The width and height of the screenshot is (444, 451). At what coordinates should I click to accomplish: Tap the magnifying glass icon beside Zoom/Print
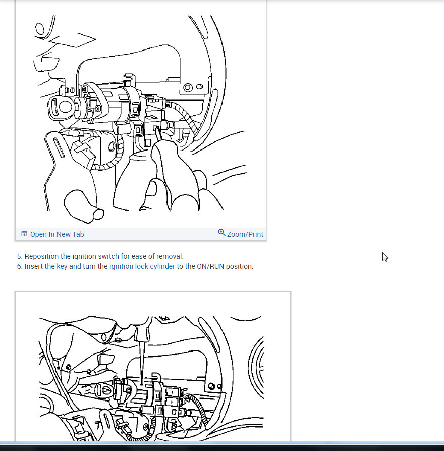coord(221,232)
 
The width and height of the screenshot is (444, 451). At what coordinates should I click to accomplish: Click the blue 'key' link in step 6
coord(62,266)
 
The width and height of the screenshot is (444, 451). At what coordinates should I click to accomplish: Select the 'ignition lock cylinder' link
coord(142,266)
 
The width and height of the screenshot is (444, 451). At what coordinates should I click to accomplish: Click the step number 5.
coord(20,256)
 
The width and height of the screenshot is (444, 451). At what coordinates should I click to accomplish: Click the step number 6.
coord(20,266)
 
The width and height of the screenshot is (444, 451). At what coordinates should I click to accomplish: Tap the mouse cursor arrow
coord(385,257)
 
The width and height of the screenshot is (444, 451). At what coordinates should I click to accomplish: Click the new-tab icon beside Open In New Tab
coord(24,234)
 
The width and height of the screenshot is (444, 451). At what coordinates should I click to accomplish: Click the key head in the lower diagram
coord(105,390)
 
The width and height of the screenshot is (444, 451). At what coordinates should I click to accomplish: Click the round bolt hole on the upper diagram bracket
coord(188,87)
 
